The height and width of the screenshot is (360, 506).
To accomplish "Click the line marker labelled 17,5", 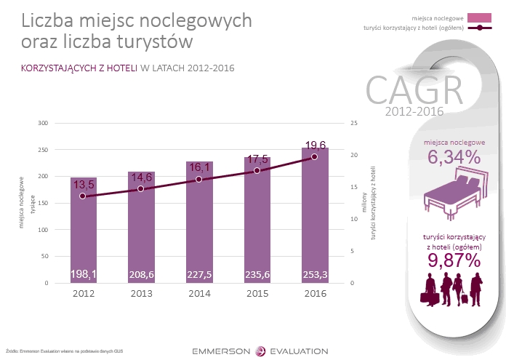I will pyautogui.click(x=257, y=171).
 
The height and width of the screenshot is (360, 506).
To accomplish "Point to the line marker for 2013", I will pyautogui.click(x=141, y=189).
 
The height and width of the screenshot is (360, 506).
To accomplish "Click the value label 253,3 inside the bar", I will pyautogui.click(x=314, y=275).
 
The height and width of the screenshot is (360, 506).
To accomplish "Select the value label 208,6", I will pyautogui.click(x=141, y=275).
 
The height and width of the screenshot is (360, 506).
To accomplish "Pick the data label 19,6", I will pyautogui.click(x=315, y=145).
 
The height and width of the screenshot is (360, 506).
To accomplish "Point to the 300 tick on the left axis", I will pyautogui.click(x=42, y=123).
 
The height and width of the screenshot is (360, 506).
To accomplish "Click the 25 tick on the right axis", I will pyautogui.click(x=353, y=123).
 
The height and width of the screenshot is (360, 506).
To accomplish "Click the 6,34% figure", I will pyautogui.click(x=454, y=157).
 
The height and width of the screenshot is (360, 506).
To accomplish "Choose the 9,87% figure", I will pyautogui.click(x=454, y=260).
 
